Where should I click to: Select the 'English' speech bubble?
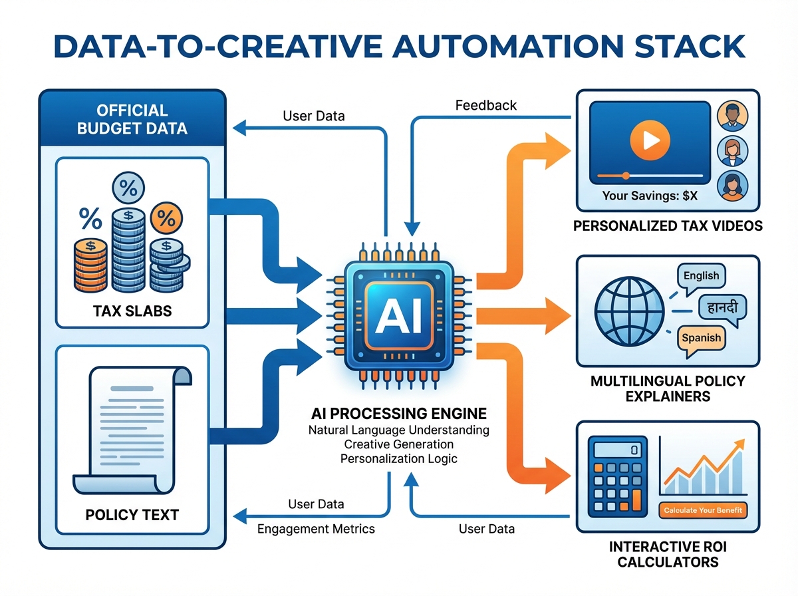[x=701, y=275]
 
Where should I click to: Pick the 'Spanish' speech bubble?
[x=701, y=338]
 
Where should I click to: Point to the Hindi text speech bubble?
[x=722, y=307]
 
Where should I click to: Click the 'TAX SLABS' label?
[x=132, y=310]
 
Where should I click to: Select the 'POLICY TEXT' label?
[x=132, y=515]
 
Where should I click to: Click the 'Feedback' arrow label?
[x=485, y=105]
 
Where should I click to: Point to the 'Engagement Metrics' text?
[x=316, y=529]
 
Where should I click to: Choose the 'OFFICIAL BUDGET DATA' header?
[x=132, y=119]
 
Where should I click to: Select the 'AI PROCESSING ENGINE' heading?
[x=398, y=412]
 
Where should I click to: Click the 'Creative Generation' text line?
[x=398, y=444]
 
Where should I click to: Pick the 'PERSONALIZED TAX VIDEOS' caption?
[x=668, y=226]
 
